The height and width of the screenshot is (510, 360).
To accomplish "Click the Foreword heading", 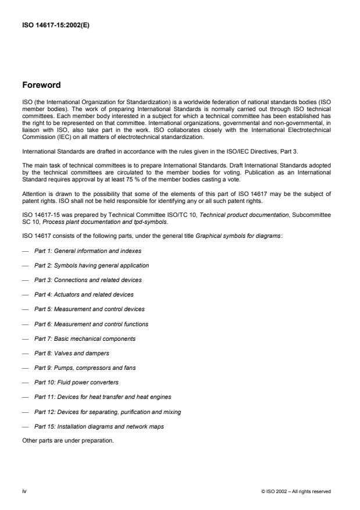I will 41,85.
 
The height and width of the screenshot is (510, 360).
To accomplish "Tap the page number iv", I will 24,491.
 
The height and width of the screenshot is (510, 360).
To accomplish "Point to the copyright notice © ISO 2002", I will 296,491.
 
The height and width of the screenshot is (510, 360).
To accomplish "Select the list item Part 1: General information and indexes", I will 87,251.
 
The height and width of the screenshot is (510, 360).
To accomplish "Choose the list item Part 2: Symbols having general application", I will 91,265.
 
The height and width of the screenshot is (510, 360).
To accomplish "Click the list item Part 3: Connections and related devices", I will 88,280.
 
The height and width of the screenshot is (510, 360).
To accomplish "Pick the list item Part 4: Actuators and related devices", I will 84,294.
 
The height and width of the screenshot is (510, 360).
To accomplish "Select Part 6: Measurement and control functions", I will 91,324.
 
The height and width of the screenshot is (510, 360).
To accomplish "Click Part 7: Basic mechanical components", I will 85,338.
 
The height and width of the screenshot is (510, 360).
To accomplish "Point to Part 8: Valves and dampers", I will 72,353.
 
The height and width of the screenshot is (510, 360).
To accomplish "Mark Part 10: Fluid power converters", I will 76,383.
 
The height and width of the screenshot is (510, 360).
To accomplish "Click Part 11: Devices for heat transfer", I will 103,397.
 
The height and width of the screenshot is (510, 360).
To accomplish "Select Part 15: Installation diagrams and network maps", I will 99,426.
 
